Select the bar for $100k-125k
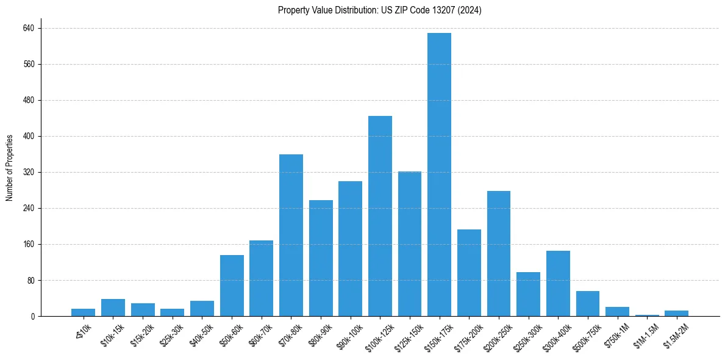(x=380, y=216)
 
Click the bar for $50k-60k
(x=232, y=286)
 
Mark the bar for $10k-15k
(x=113, y=308)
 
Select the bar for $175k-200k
(x=469, y=273)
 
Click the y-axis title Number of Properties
(x=10, y=168)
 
